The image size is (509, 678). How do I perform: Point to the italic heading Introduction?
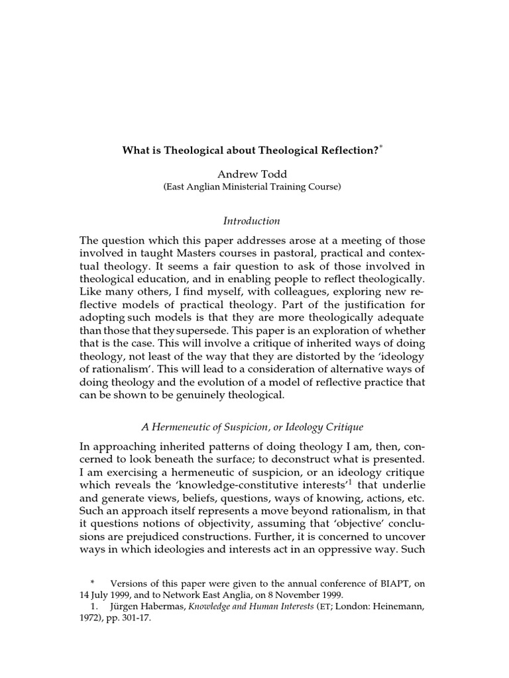click(252, 220)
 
